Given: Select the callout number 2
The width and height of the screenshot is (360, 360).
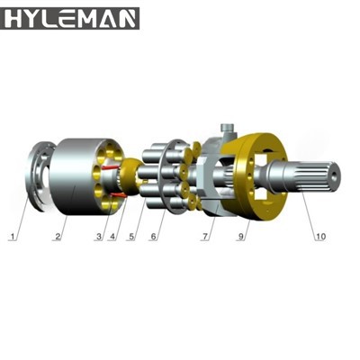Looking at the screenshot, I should [x=57, y=237].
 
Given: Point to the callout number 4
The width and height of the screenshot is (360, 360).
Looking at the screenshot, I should [x=112, y=237].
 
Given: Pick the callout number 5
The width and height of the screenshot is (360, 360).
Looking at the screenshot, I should [x=131, y=237].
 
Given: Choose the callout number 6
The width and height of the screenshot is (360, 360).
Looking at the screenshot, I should [x=153, y=237].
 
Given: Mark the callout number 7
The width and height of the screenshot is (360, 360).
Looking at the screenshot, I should [x=205, y=237].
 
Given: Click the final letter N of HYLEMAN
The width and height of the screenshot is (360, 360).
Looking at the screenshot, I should [x=126, y=17].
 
